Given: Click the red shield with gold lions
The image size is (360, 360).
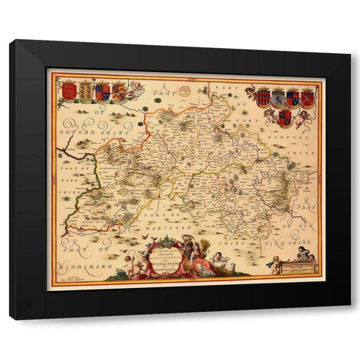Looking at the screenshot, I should click(x=69, y=91).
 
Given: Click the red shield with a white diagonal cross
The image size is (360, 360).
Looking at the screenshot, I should click(x=307, y=97).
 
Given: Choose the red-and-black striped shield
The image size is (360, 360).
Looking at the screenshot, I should click(x=262, y=97).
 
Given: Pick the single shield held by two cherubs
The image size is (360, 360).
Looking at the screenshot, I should click(x=284, y=118).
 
